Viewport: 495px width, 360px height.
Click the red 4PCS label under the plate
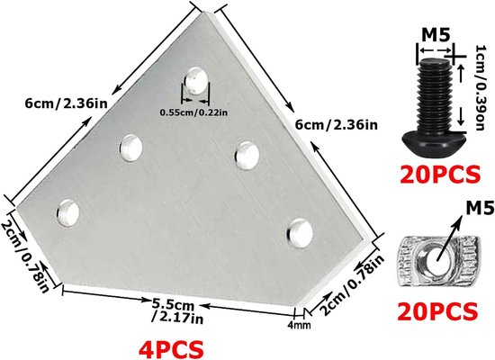pyautogui.click(x=171, y=349)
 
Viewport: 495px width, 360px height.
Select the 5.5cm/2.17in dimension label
pyautogui.click(x=177, y=311)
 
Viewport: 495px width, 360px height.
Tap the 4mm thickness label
pyautogui.click(x=299, y=325)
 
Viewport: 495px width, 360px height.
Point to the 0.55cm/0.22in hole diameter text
pyautogui.click(x=193, y=112)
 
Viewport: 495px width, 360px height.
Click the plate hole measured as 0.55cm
pyautogui.click(x=195, y=80)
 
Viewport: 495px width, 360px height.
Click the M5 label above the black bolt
pyautogui.click(x=436, y=35)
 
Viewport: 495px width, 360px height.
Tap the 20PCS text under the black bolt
pyautogui.click(x=440, y=175)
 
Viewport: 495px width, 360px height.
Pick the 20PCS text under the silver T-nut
pyautogui.click(x=437, y=311)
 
